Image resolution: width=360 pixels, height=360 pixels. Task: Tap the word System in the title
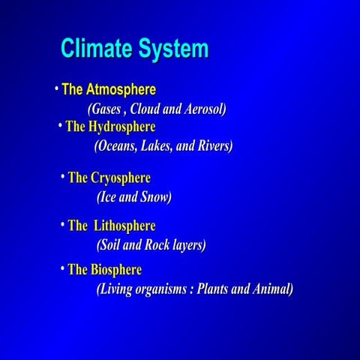pos(172,49)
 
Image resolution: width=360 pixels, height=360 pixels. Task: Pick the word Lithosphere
pos(124,226)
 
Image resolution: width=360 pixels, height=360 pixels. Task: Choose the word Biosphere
pos(116,269)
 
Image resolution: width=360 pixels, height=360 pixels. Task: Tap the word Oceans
pos(115,146)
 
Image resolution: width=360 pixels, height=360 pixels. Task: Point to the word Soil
pos(109,244)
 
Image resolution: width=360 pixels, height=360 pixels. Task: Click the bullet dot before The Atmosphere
pos(56,89)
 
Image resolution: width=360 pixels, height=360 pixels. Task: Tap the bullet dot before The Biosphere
pos(61,268)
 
